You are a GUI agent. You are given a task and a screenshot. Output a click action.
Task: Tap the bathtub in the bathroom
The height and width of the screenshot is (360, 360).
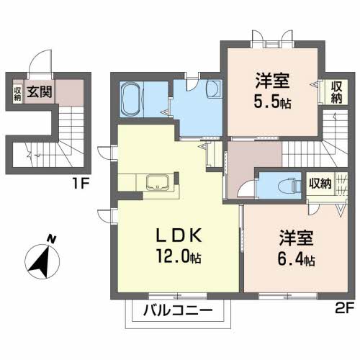coord(132,99)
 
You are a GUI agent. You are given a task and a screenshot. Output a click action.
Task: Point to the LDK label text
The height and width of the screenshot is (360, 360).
coord(179,235)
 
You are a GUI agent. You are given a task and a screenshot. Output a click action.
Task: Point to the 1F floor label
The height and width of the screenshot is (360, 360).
coord(80,182)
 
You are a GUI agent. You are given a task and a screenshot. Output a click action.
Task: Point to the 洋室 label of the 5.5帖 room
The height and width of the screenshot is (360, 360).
coord(271,79)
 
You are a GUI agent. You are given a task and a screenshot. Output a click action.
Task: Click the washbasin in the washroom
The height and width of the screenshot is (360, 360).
coord(213,89)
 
